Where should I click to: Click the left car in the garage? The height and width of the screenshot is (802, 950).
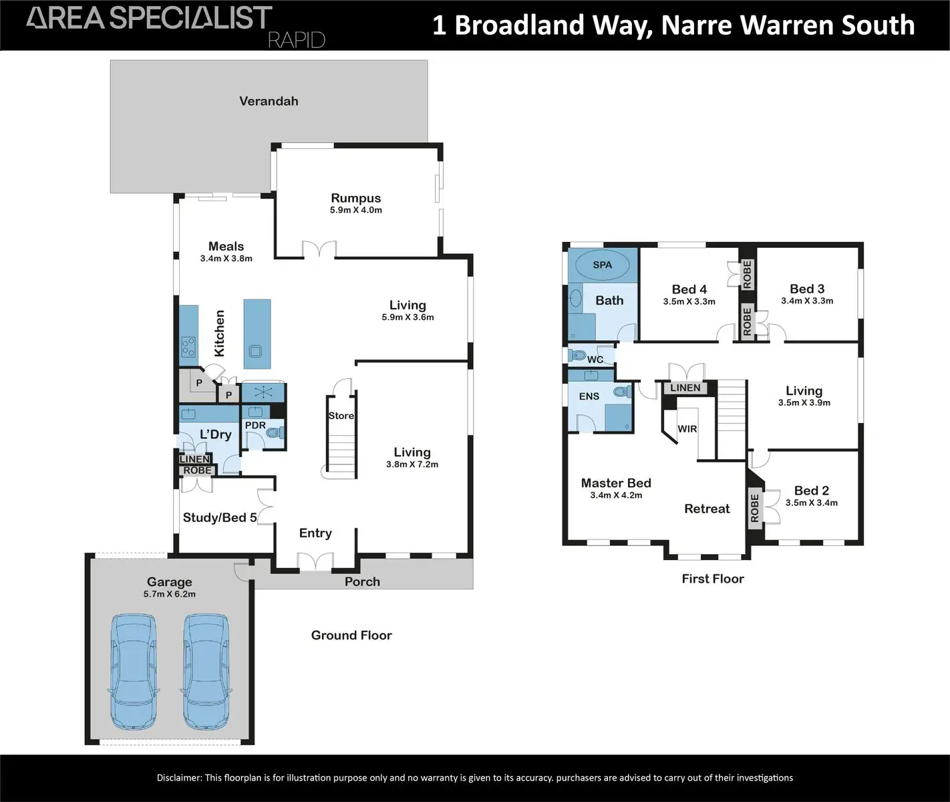pos(134,672)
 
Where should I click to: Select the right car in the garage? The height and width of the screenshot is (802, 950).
pos(207,672)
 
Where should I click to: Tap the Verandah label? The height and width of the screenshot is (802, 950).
pos(269,102)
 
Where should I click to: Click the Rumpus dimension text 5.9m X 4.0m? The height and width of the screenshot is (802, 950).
pos(356,211)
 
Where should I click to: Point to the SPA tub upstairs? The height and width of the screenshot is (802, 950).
pos(602,265)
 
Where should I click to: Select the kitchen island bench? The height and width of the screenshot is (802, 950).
pos(257,333)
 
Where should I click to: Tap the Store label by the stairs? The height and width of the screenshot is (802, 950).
pos(341,416)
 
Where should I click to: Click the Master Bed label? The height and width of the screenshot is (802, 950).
pos(616,483)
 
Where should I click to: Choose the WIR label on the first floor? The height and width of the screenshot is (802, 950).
pos(687,429)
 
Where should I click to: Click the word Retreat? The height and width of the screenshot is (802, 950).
pos(707,509)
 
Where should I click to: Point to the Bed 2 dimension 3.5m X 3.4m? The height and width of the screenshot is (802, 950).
pos(811,503)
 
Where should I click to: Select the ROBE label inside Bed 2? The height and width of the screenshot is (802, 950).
pos(755,508)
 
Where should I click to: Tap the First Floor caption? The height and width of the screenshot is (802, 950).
pos(712,579)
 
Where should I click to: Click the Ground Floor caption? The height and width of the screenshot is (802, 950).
pos(351,636)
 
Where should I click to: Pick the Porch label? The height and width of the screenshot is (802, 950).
pos(362,582)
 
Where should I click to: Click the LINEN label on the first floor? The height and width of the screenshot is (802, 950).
pos(685,388)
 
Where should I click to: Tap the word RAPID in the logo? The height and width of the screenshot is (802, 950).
pos(296,40)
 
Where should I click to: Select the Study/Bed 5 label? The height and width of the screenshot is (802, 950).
pos(220,518)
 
